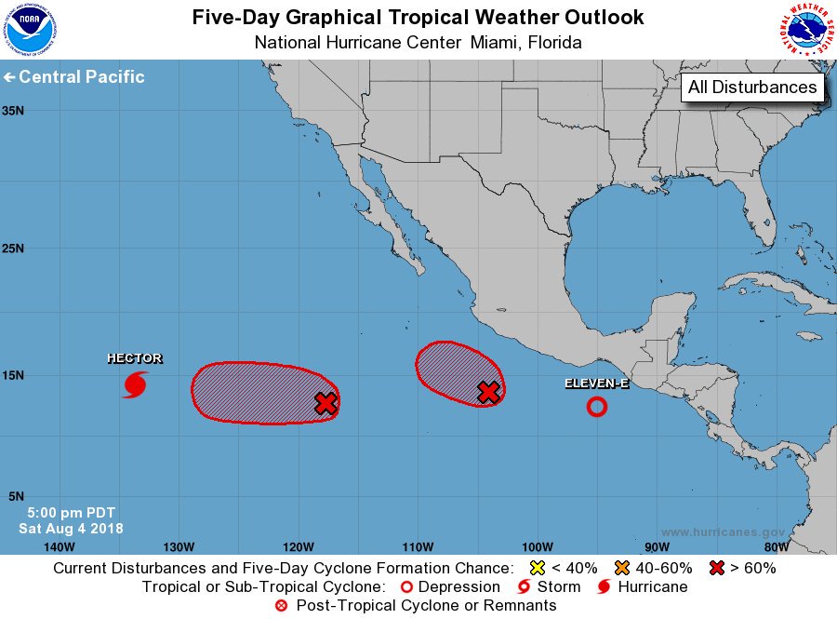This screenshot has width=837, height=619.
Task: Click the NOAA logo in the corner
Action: tap(30, 30)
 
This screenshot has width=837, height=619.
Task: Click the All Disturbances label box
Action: tap(753, 87)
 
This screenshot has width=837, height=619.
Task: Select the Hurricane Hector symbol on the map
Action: tap(136, 384)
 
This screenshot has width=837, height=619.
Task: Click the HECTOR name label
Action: tap(135, 358)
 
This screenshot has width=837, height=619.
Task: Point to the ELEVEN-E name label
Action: tap(596, 384)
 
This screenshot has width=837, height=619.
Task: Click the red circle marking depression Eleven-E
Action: tap(596, 407)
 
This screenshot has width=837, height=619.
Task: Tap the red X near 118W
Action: tap(325, 403)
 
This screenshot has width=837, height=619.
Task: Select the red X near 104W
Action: tap(488, 393)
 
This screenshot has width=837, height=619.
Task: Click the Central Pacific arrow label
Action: tap(74, 77)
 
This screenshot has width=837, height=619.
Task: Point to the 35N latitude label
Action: tap(13, 110)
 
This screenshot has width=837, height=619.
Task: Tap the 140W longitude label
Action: tap(59, 546)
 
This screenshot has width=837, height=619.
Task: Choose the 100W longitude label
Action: tap(537, 546)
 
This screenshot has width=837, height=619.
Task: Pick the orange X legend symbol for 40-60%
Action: tap(622, 567)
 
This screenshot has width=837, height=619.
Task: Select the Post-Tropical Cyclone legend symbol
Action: tap(281, 606)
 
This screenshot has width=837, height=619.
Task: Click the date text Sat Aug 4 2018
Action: tap(71, 529)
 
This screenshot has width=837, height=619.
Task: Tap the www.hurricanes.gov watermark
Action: tap(723, 532)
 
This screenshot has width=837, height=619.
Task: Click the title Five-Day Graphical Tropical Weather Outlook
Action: tap(418, 18)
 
